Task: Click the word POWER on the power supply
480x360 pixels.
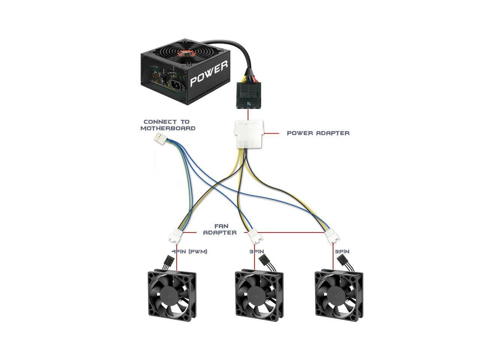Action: pos(209,74)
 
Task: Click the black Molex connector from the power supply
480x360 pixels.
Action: pos(247,96)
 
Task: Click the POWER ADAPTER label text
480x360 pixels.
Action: pos(318,133)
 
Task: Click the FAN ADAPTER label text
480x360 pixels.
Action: pos(220,229)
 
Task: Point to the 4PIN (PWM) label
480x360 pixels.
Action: pos(189,252)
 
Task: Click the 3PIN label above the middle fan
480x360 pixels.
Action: pos(256,252)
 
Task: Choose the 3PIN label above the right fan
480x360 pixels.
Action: pos(342,252)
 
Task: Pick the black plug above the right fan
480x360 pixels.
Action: pos(342,260)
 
